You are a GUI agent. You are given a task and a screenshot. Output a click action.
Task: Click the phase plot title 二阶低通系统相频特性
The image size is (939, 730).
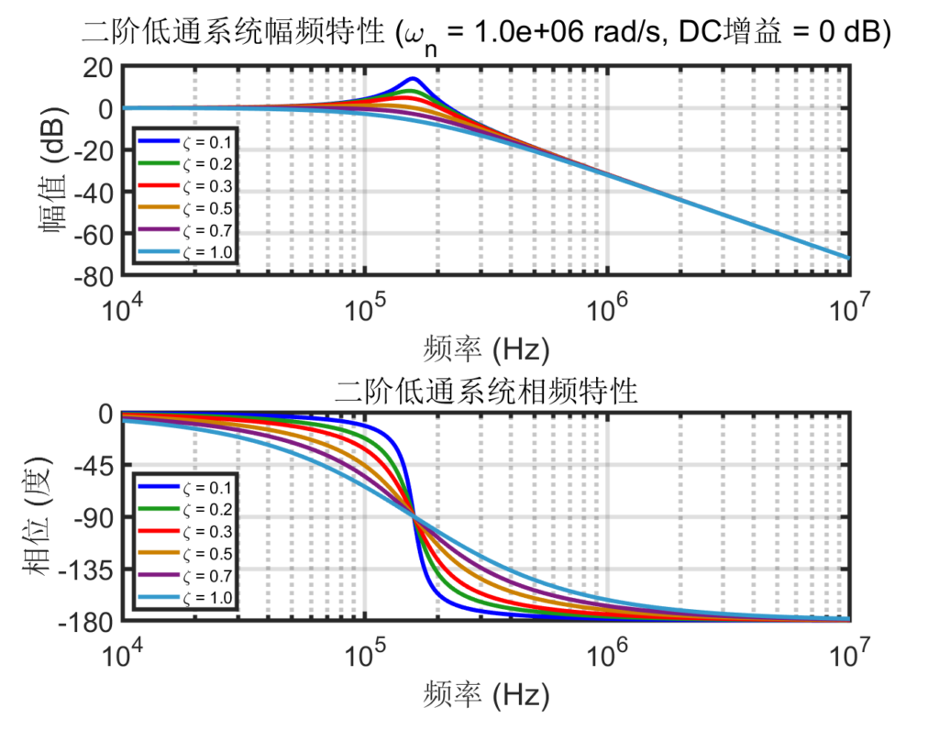pyautogui.click(x=486, y=392)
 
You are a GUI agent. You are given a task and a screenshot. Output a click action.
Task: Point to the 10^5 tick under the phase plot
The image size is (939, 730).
pyautogui.click(x=365, y=654)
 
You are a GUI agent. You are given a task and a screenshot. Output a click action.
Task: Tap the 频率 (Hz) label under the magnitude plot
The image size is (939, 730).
pyautogui.click(x=486, y=349)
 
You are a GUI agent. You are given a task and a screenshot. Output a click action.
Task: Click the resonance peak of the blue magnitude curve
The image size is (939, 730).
pyautogui.click(x=413, y=79)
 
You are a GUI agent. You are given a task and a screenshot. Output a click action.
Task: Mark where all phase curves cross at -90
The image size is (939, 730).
pyautogui.click(x=413, y=518)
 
